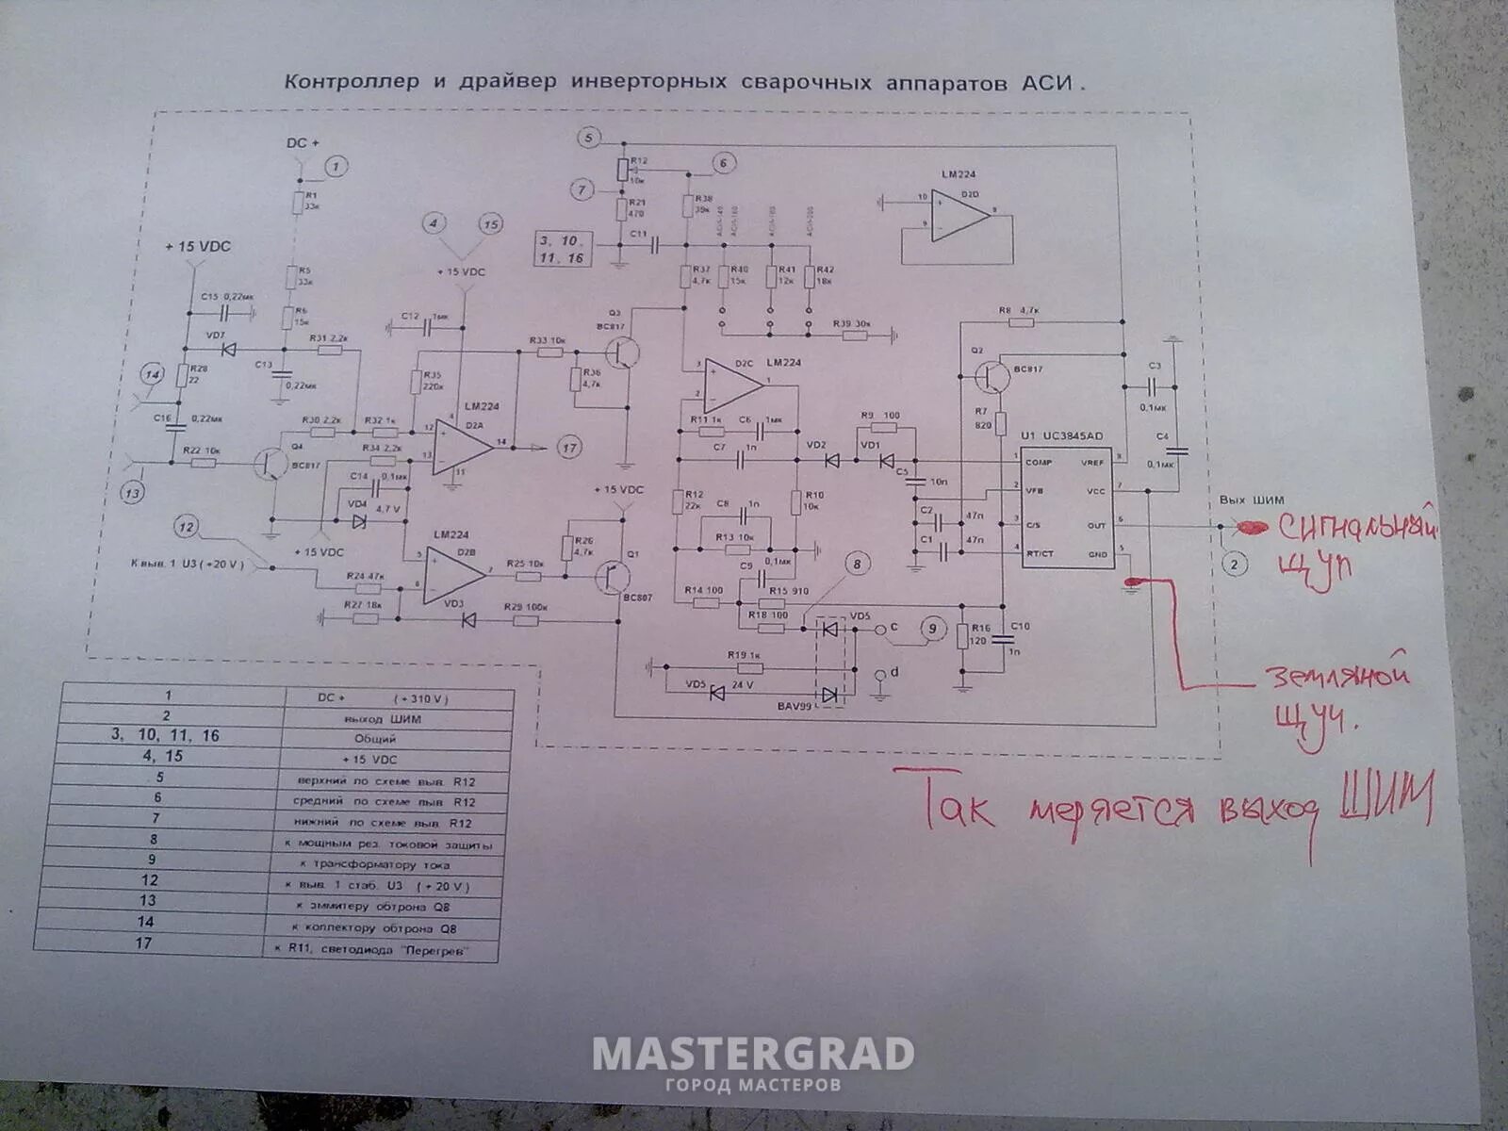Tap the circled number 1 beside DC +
(x=337, y=167)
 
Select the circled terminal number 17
(x=569, y=448)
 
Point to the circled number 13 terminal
(x=133, y=492)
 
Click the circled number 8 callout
(x=857, y=564)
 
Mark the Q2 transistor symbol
(x=991, y=375)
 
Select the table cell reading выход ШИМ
(x=398, y=719)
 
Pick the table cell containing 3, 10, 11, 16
(x=166, y=735)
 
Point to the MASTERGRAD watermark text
(x=753, y=1054)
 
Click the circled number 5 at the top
(x=589, y=139)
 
